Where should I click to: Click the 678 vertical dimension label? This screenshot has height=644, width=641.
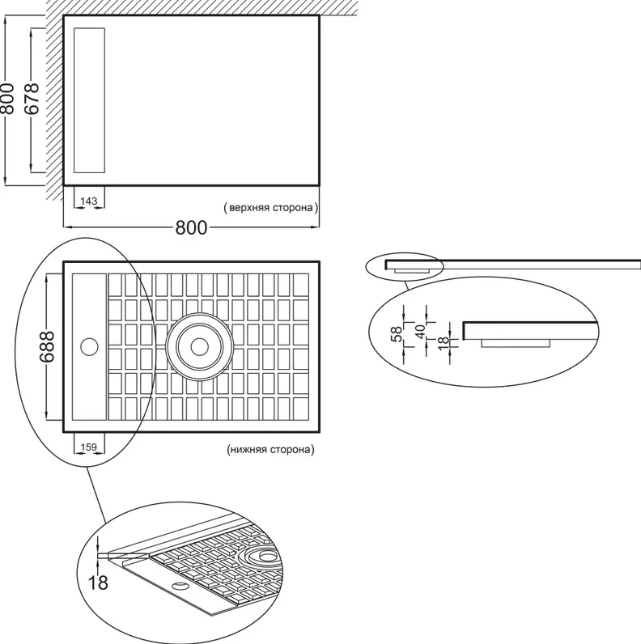pyautogui.click(x=32, y=99)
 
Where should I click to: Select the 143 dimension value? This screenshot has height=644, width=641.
pyautogui.click(x=89, y=201)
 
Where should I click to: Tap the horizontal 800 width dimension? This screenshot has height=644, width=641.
pyautogui.click(x=192, y=227)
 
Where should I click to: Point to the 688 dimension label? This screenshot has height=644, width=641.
pyautogui.click(x=47, y=346)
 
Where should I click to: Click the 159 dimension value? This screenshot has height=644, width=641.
pyautogui.click(x=89, y=447)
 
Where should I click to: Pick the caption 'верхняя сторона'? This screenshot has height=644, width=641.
pyautogui.click(x=271, y=207)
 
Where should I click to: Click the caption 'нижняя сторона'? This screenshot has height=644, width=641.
pyautogui.click(x=270, y=449)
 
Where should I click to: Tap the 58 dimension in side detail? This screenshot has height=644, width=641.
pyautogui.click(x=397, y=334)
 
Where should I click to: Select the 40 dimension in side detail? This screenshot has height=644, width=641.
pyautogui.click(x=420, y=332)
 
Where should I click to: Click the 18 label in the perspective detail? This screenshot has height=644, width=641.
pyautogui.click(x=98, y=583)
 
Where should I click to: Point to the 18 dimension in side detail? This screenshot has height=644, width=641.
pyautogui.click(x=444, y=343)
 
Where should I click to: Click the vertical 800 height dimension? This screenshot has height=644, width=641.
pyautogui.click(x=7, y=99)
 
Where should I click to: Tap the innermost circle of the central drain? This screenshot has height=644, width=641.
pyautogui.click(x=200, y=346)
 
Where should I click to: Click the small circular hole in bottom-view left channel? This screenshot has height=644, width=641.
pyautogui.click(x=89, y=346)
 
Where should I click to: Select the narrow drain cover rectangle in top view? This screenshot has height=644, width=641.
pyautogui.click(x=89, y=100)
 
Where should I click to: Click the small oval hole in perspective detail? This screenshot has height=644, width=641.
pyautogui.click(x=179, y=584)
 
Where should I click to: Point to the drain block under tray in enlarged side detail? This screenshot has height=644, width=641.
pyautogui.click(x=516, y=343)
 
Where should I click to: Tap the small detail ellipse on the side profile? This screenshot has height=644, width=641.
pyautogui.click(x=405, y=266)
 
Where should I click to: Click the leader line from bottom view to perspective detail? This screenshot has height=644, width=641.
pyautogui.click(x=96, y=495)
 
